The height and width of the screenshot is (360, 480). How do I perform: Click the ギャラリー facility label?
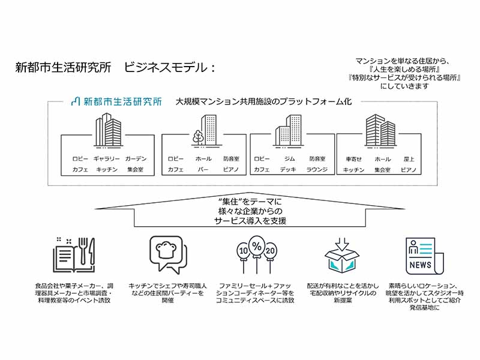pos(107,158)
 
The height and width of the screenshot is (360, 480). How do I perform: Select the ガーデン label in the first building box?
pos(136,158)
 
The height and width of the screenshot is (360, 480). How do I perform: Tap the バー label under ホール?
pos(203,169)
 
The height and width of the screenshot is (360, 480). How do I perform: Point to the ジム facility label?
pos(289,158)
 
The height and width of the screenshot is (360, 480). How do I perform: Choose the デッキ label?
pos(288,169)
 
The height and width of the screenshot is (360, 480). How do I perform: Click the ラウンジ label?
pos(317,169)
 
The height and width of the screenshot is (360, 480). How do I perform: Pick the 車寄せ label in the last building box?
pos(353,159)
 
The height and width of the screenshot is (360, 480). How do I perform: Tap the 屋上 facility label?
pos(409,159)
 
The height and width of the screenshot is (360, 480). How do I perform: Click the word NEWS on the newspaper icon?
pos(420,265)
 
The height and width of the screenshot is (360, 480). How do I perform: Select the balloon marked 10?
pos(244,251)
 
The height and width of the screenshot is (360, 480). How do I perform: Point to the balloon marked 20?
pos(270,251)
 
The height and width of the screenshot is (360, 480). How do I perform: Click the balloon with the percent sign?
pos(257,246)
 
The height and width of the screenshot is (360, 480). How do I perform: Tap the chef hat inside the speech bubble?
pos(167,250)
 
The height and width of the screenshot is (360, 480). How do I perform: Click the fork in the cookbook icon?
pos(83,251)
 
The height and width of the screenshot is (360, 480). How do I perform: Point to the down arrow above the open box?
pos(342,244)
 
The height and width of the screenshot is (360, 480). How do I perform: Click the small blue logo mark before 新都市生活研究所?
pos(76,101)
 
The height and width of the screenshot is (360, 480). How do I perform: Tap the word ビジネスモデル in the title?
pos(166,67)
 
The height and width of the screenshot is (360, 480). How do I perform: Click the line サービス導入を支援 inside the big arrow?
pos(250,221)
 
